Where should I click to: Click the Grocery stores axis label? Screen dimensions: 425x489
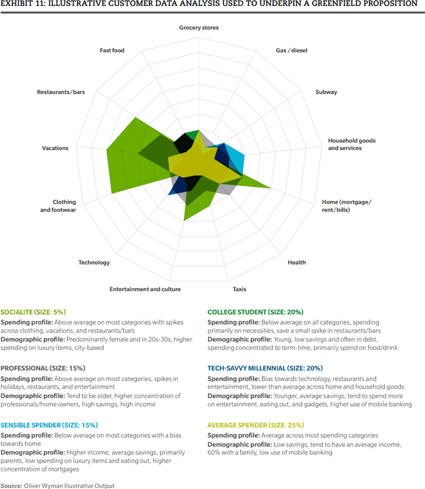pos(199,28)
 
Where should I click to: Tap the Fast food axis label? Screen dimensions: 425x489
pos(112,50)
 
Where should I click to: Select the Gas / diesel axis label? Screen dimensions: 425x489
pos(291,50)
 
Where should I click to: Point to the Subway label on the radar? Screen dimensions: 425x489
pos(326,92)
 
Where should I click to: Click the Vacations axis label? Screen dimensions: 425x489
pos(55,148)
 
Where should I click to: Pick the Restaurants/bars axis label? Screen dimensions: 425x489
pos(61,92)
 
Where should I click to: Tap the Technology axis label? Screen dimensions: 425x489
pos(94,262)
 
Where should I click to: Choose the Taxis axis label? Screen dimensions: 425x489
pos(239,289)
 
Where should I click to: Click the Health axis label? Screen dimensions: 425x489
pos(297,262)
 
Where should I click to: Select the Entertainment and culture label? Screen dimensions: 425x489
pos(145,289)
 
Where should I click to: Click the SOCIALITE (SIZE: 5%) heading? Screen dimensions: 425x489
pos(33,312)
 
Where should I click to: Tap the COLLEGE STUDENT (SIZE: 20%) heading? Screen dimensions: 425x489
pos(256,312)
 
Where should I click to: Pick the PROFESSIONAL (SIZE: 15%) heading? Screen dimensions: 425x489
pos(43,368)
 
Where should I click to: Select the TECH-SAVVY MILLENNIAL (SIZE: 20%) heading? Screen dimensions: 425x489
pos(265,368)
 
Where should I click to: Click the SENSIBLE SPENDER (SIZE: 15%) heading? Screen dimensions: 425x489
pos(49,425)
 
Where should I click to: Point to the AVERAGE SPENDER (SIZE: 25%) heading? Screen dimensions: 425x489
pos(256,425)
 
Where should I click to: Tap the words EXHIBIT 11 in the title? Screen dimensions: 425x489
pos(22,4)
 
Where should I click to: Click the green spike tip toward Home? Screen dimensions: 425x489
pos(270,188)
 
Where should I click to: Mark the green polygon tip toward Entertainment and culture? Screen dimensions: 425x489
pos(185,221)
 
